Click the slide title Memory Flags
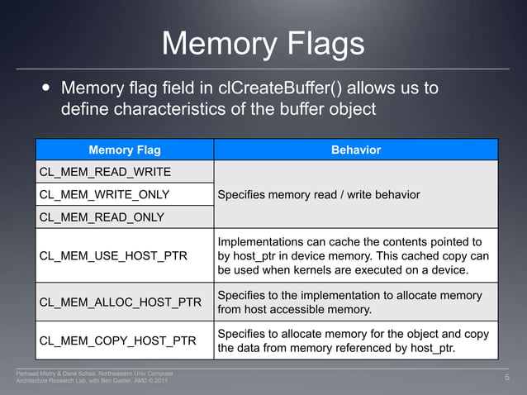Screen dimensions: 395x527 [x=263, y=43]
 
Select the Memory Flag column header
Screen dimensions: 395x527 [x=124, y=150]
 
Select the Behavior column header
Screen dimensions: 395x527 [x=355, y=150]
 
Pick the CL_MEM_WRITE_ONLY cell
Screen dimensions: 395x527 [x=104, y=194]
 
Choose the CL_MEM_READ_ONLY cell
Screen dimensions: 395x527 [x=102, y=217]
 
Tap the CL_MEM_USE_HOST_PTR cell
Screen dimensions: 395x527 [x=112, y=255]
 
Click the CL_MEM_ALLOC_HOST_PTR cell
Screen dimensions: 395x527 [x=121, y=302]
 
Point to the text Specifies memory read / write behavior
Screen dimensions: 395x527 [x=318, y=194]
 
